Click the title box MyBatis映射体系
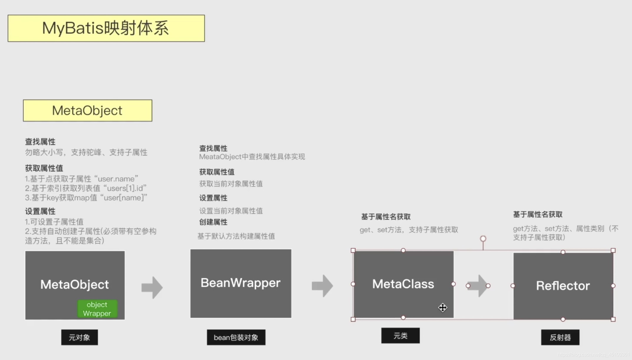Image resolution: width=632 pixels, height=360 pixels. [106, 28]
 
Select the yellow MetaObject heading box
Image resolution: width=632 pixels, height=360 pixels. [88, 110]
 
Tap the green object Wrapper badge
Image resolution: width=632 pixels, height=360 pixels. [97, 309]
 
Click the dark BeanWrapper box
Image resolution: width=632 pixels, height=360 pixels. [241, 283]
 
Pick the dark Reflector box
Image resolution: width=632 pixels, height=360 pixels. [563, 286]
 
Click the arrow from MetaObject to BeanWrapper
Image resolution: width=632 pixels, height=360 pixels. [152, 288]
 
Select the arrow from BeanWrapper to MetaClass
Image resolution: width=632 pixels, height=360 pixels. [322, 286]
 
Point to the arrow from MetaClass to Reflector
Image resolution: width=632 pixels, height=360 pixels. [478, 286]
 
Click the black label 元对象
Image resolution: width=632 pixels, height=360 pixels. [79, 337]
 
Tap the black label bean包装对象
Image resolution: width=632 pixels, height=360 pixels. [236, 337]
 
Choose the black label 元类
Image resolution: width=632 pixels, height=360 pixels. [400, 336]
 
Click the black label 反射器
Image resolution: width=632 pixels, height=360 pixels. [560, 337]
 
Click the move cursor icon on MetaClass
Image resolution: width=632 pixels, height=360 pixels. [442, 308]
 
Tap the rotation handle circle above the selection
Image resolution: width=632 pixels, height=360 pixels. [483, 239]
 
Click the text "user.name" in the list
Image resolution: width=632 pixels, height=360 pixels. [116, 179]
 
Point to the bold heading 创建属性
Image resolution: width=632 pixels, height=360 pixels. [213, 222]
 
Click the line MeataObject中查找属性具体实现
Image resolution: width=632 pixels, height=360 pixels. [252, 157]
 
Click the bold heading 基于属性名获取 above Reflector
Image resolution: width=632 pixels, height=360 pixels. [538, 214]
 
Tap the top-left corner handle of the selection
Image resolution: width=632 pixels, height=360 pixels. [353, 250]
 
